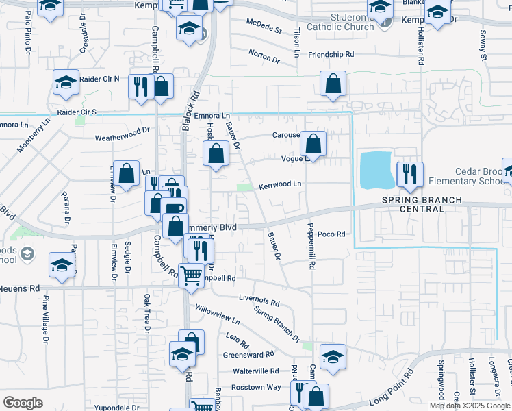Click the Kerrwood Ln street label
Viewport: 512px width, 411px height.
click(280, 185)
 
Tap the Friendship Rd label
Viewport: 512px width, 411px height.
click(331, 54)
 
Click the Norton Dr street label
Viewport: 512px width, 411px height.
click(264, 57)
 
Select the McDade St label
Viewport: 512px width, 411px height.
click(264, 29)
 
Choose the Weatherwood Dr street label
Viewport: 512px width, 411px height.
click(123, 134)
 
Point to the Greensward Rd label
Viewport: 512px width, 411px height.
click(248, 355)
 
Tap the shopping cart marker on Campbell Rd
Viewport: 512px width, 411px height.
click(192, 275)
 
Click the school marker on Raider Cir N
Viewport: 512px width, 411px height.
click(66, 83)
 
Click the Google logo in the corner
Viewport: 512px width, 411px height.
click(23, 403)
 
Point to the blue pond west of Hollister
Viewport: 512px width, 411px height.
click(376, 170)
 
